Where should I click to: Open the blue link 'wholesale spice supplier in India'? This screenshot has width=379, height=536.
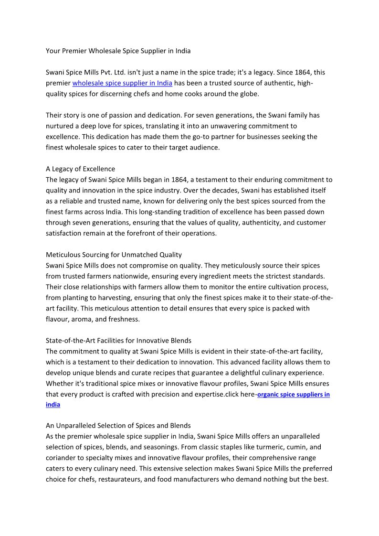pos(122,83)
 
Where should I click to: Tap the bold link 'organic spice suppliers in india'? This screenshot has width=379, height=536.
pos(293,395)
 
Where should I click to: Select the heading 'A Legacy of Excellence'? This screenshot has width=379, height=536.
pos(80,169)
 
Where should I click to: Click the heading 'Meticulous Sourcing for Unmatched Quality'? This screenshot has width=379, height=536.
pos(114,255)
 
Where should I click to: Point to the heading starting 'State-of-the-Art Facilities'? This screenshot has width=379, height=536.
pos(118,341)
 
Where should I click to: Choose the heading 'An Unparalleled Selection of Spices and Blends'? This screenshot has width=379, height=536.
pos(118,425)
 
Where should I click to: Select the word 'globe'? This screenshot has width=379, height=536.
pos(248,94)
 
